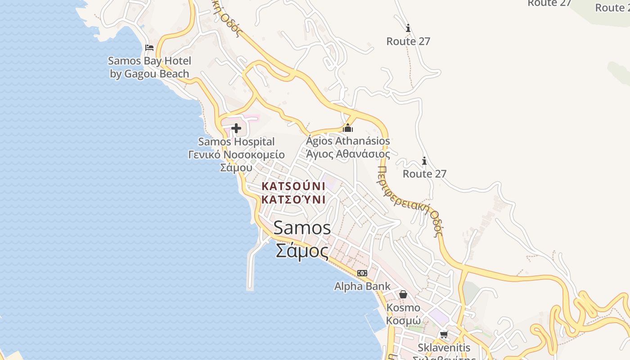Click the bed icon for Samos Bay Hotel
pyautogui.click(x=149, y=47)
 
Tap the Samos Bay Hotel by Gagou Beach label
pyautogui.click(x=149, y=67)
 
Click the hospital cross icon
pyautogui.click(x=236, y=129)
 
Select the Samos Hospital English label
pyautogui.click(x=236, y=142)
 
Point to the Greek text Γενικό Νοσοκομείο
pyautogui.click(x=236, y=155)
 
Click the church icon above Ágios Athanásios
pyautogui.click(x=347, y=128)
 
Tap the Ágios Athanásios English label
pyautogui.click(x=348, y=141)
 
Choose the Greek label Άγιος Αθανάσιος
pyautogui.click(x=348, y=154)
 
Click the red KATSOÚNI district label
pyautogui.click(x=293, y=186)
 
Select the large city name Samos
pyautogui.click(x=302, y=228)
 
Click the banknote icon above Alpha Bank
pyautogui.click(x=362, y=273)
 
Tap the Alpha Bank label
pyautogui.click(x=362, y=286)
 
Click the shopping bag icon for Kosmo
pyautogui.click(x=403, y=294)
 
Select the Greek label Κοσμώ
pyautogui.click(x=403, y=321)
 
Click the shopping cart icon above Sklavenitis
pyautogui.click(x=444, y=334)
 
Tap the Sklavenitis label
pyautogui.click(x=444, y=347)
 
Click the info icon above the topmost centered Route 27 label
pyautogui.click(x=408, y=28)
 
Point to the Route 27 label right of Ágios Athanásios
pyautogui.click(x=424, y=174)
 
